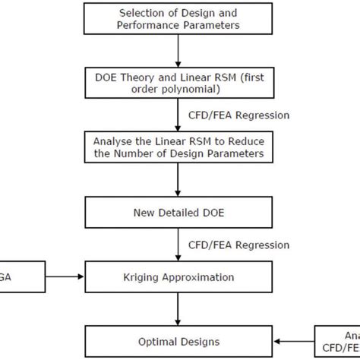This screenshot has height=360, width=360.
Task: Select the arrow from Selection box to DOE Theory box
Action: coord(178,49)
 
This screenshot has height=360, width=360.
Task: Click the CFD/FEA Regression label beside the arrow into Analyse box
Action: coord(238,115)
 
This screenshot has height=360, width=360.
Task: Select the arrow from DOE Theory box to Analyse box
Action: coord(178,113)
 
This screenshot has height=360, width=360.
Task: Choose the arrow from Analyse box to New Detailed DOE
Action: coord(178,180)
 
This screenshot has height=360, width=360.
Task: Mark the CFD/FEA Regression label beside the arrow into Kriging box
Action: coord(238,245)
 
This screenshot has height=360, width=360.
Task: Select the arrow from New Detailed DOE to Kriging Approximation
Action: coord(178,243)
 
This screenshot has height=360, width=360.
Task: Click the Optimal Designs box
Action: coord(178,341)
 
